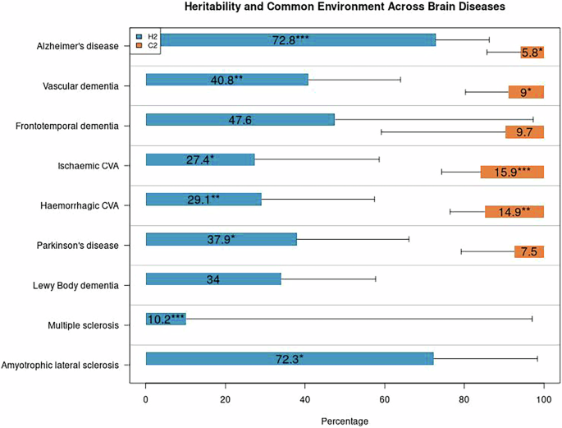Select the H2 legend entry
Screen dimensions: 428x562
(148, 37)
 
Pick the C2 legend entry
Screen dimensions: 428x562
(148, 46)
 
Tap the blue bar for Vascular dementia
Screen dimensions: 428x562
(226, 80)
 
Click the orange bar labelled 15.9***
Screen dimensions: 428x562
(512, 172)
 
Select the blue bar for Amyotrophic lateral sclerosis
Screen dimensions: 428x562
(289, 358)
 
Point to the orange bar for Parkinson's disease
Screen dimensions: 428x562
(528, 251)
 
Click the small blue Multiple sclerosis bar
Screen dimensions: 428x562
(165, 319)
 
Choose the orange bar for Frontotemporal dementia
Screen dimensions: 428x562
(524, 131)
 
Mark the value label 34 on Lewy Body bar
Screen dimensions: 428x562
(212, 279)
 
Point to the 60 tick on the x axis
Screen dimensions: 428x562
(384, 400)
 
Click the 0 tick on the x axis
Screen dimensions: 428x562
(146, 400)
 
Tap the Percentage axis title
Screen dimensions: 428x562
(345, 421)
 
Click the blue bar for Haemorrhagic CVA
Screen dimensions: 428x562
(203, 199)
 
